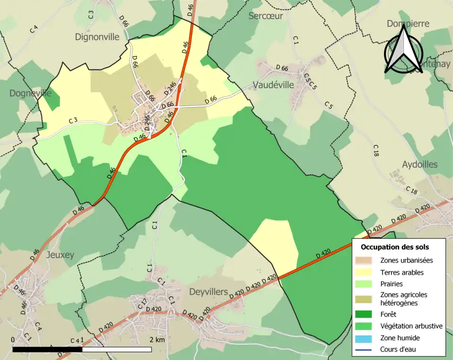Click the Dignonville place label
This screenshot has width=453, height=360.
98,37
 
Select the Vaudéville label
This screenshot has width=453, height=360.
273,85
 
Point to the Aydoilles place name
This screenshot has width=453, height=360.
420,165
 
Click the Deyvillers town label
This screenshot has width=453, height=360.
209,292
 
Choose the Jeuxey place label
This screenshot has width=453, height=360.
60,255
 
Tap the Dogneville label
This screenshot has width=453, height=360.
30,93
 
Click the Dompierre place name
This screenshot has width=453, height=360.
408,24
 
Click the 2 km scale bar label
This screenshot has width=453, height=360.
157,340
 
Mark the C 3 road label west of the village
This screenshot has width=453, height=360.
73,121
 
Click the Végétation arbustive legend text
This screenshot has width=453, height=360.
411,326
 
